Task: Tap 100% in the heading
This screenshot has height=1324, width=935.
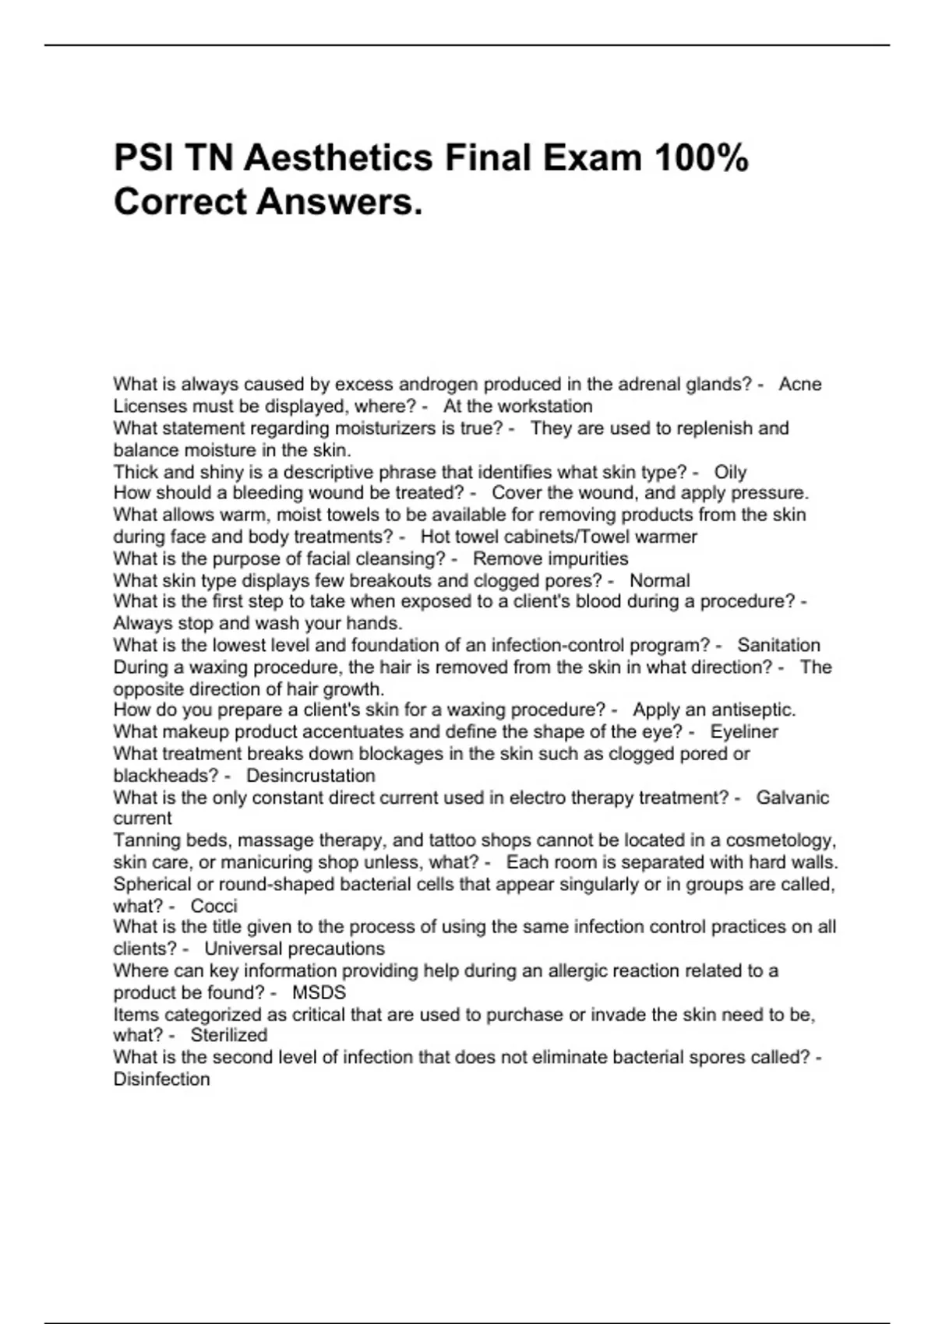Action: pyautogui.click(x=700, y=158)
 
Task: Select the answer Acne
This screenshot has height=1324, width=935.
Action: pyautogui.click(x=800, y=384)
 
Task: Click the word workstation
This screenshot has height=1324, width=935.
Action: pyautogui.click(x=545, y=406)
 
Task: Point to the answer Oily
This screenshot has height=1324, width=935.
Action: pyautogui.click(x=730, y=472)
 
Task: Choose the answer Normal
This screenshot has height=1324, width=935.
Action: pyautogui.click(x=659, y=580)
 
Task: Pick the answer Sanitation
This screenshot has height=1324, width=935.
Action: pyautogui.click(x=778, y=645)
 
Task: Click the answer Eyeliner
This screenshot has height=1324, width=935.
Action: pyautogui.click(x=744, y=731)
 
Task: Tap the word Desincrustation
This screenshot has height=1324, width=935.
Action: pyautogui.click(x=310, y=776)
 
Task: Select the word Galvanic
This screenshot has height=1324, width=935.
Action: pyautogui.click(x=792, y=798)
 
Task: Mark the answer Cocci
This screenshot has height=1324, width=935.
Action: pyautogui.click(x=213, y=906)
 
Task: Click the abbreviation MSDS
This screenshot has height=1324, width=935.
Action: pyautogui.click(x=319, y=992)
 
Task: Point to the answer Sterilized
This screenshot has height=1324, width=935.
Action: pyautogui.click(x=228, y=1035)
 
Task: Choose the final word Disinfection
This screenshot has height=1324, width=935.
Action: pyautogui.click(x=161, y=1079)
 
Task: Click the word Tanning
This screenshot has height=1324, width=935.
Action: pyautogui.click(x=145, y=840)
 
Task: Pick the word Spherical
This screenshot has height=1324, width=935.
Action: pyautogui.click(x=151, y=884)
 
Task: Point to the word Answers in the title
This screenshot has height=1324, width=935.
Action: pyautogui.click(x=339, y=202)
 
